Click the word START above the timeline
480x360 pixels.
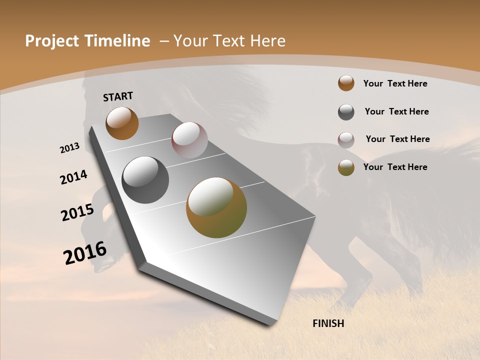point(118,96)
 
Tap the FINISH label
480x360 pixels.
point(328,323)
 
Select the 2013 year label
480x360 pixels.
point(70,148)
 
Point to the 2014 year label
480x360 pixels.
point(74,177)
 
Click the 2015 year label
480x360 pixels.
point(77,212)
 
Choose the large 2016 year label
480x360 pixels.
point(85,253)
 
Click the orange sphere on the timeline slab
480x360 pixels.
point(122,123)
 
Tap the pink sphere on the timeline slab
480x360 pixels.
point(189,140)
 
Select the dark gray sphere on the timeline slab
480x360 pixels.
point(145,180)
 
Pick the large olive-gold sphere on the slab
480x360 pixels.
point(216,207)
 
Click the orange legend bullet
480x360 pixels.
point(346,83)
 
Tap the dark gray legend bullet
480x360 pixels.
point(346,111)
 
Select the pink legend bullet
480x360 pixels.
point(346,139)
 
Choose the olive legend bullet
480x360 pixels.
point(346,167)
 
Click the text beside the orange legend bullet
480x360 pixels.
point(395,83)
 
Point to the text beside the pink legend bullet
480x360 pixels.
point(397,139)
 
